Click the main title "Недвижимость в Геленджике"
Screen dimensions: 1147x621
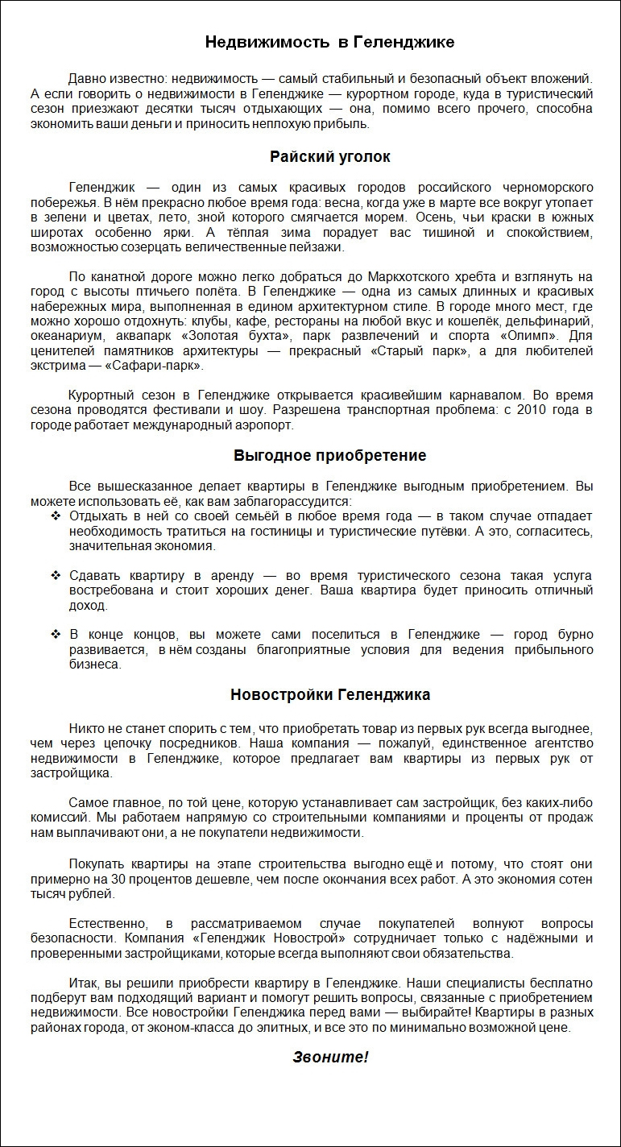coord(329,42)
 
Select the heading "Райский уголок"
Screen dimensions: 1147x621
coord(330,156)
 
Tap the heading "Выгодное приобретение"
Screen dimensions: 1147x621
coord(330,455)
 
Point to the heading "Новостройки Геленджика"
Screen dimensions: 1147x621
coord(330,694)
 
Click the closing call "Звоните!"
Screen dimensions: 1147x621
coord(330,1058)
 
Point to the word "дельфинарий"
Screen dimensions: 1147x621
coord(553,320)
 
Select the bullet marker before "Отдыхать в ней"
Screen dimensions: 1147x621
coord(56,516)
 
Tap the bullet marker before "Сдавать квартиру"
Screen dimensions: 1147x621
coord(56,575)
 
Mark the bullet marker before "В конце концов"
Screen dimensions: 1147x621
coord(56,635)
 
